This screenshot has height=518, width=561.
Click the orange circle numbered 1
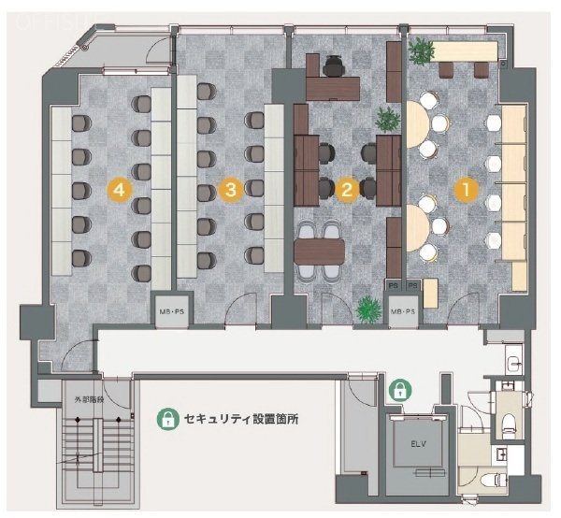coord(460,189)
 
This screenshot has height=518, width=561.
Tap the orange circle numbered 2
coord(347,189)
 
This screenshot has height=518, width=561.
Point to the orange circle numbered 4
coord(117,189)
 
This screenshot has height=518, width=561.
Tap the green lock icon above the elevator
coord(400,390)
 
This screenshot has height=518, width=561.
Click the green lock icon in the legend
coord(166,419)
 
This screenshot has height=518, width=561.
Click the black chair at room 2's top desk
coord(335,65)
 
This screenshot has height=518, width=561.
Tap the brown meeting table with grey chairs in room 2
coord(319,250)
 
